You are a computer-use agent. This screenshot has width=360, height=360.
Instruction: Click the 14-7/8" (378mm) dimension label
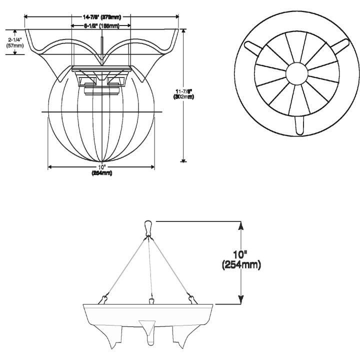(x=102, y=16)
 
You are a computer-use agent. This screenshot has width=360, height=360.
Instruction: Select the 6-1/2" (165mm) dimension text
(x=101, y=25)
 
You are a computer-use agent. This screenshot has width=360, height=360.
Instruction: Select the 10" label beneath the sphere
(x=101, y=166)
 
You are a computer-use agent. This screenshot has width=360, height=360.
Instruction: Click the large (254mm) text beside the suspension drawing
(x=241, y=264)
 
